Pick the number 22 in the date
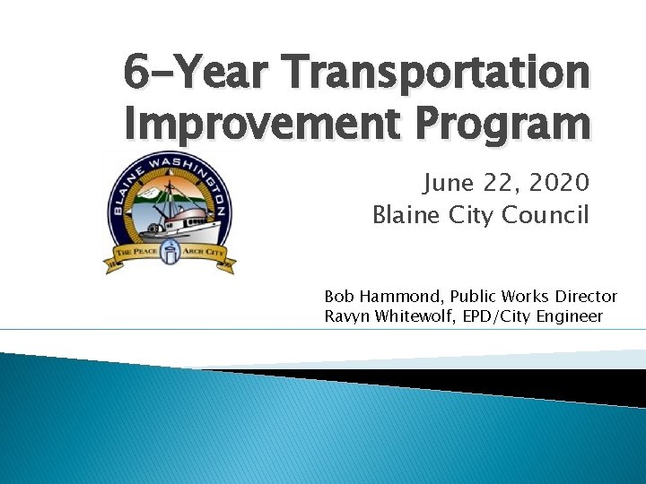pos(499,184)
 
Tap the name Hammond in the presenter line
pos(399,296)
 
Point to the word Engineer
pos(570,315)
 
